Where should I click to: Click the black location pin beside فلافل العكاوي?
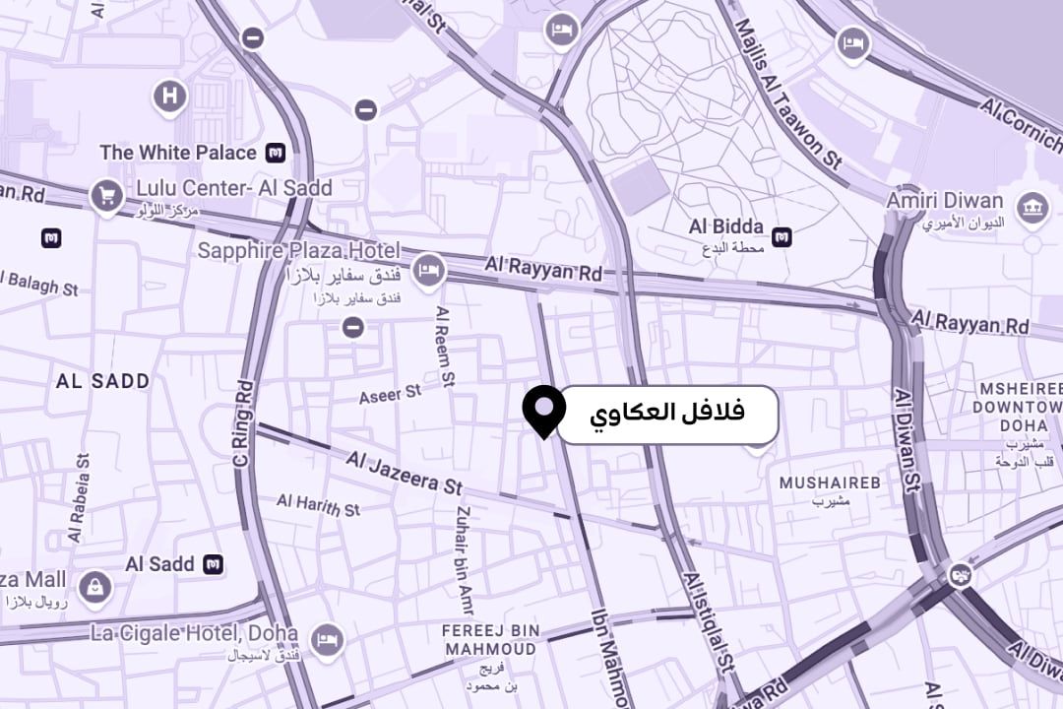(x=543, y=409)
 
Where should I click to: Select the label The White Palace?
(x=178, y=153)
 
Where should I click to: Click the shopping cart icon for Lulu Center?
(x=106, y=196)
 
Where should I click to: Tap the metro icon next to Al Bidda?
(x=782, y=236)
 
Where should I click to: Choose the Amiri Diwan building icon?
(x=1032, y=207)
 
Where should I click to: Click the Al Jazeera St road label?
(x=404, y=473)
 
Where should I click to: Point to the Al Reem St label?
(x=446, y=345)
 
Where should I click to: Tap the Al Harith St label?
(x=318, y=505)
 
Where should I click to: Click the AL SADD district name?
(x=103, y=381)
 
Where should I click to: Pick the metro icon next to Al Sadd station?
(x=213, y=564)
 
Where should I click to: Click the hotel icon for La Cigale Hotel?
(x=326, y=639)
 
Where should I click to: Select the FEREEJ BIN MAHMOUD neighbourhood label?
(x=490, y=639)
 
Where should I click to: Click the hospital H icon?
(x=170, y=97)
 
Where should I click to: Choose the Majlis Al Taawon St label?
(x=787, y=108)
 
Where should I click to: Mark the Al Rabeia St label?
(x=80, y=496)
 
